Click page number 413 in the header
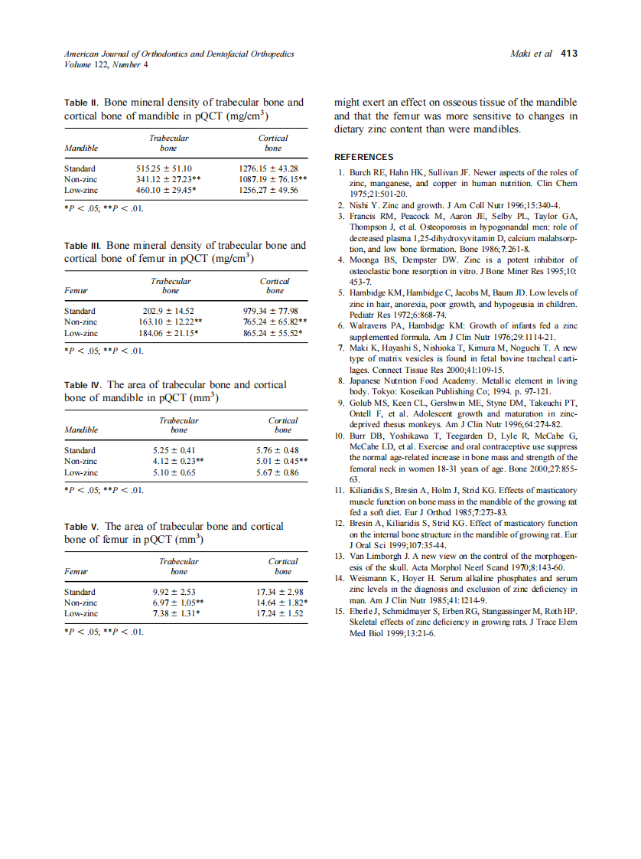pyautogui.click(x=569, y=54)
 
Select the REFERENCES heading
pyautogui.click(x=364, y=157)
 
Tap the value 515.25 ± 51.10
pyautogui.click(x=164, y=168)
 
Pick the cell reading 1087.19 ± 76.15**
pyautogui.click(x=273, y=179)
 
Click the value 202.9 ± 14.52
pyautogui.click(x=169, y=311)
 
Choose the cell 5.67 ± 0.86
pyautogui.click(x=277, y=473)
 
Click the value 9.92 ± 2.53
pyautogui.click(x=174, y=592)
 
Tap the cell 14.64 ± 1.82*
pyautogui.click(x=281, y=603)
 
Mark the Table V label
pyautogui.click(x=82, y=527)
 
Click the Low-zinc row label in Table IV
pyautogui.click(x=81, y=473)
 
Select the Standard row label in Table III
pyautogui.click(x=80, y=311)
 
